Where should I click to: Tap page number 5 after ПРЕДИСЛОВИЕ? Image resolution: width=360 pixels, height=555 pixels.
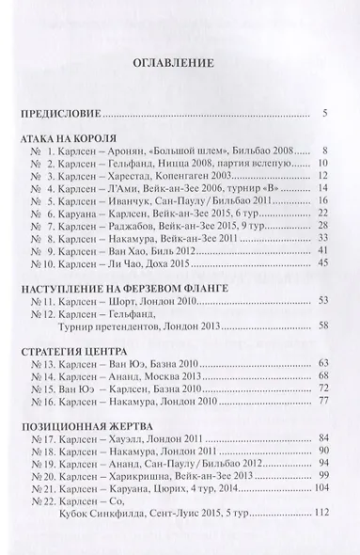coord(323,116)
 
